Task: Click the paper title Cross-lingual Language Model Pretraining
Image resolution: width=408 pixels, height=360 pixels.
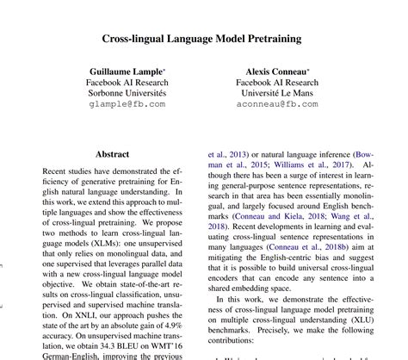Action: pyautogui.click(x=203, y=38)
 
